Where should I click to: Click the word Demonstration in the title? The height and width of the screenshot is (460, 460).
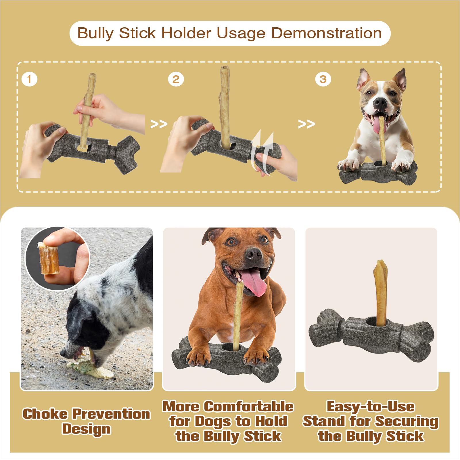[326, 33]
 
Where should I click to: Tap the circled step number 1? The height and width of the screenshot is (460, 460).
[29, 79]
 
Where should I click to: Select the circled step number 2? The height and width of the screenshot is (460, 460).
[176, 79]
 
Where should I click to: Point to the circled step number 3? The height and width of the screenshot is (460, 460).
[323, 79]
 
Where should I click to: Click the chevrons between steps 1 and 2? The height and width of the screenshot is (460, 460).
[159, 124]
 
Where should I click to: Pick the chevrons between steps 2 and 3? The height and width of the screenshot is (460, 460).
[306, 124]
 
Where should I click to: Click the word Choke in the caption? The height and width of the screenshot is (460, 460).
[45, 414]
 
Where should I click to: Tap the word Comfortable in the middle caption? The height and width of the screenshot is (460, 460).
[250, 407]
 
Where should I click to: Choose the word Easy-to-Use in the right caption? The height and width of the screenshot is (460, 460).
[371, 407]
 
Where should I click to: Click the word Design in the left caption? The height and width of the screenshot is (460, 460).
[86, 429]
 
